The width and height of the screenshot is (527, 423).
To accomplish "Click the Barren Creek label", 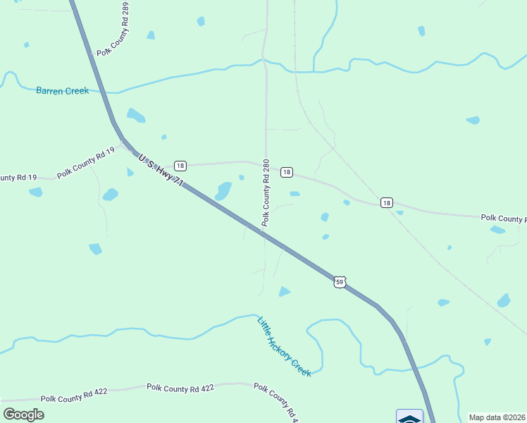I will [63, 90].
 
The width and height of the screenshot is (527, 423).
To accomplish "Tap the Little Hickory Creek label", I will [284, 346].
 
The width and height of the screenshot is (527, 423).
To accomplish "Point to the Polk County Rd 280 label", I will [266, 192].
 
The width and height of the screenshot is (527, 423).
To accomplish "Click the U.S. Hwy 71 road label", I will [161, 171].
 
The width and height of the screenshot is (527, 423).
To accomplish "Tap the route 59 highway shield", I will [340, 281].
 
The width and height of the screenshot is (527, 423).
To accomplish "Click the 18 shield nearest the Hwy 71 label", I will [180, 166].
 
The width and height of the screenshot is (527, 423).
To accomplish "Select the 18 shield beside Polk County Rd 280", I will [286, 172].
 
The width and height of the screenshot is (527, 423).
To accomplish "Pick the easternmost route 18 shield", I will [386, 202].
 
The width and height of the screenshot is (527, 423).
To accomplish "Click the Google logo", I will [23, 414].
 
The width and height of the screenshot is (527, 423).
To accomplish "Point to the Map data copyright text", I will [497, 417].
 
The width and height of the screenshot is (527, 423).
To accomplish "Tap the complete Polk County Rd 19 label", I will [86, 167].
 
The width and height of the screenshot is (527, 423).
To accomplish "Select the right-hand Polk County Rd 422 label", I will [180, 388].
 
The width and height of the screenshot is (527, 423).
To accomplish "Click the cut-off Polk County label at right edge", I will [503, 219].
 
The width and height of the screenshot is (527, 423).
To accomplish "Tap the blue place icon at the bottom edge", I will [409, 417].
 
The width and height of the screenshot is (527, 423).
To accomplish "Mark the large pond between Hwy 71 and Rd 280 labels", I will [223, 190].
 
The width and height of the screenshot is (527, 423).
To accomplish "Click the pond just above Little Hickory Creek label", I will [284, 291].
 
